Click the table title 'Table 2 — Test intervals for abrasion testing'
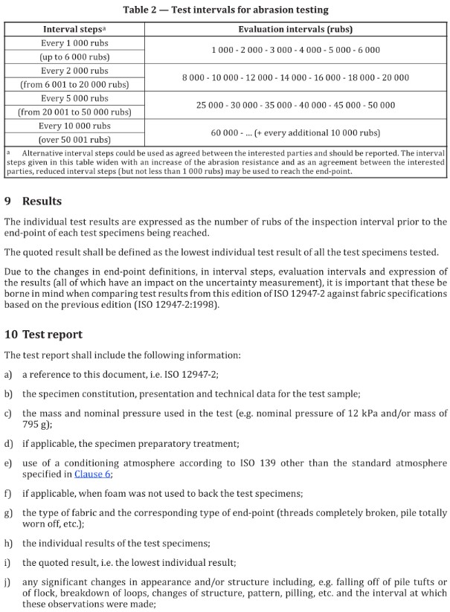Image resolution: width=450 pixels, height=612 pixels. click(x=225, y=10)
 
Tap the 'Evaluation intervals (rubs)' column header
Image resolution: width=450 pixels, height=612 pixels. click(x=295, y=30)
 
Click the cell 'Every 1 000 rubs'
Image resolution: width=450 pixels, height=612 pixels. click(x=74, y=43)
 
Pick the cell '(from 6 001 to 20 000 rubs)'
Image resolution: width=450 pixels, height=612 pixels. click(x=74, y=85)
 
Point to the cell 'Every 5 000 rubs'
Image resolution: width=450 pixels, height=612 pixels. click(x=74, y=98)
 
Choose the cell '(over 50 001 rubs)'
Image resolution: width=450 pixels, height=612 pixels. click(x=74, y=140)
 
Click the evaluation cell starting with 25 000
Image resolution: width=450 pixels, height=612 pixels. click(x=295, y=106)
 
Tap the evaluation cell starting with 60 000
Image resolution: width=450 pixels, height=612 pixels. click(x=295, y=133)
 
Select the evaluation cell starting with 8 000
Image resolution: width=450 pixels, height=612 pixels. click(x=295, y=77)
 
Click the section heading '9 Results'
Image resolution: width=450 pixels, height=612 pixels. click(x=33, y=201)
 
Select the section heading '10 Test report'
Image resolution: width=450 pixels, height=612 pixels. click(x=44, y=335)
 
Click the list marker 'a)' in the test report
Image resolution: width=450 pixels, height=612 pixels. click(x=8, y=374)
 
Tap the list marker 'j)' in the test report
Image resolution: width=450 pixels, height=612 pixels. click(x=8, y=582)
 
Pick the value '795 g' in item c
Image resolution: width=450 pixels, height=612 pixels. click(x=16, y=425)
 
